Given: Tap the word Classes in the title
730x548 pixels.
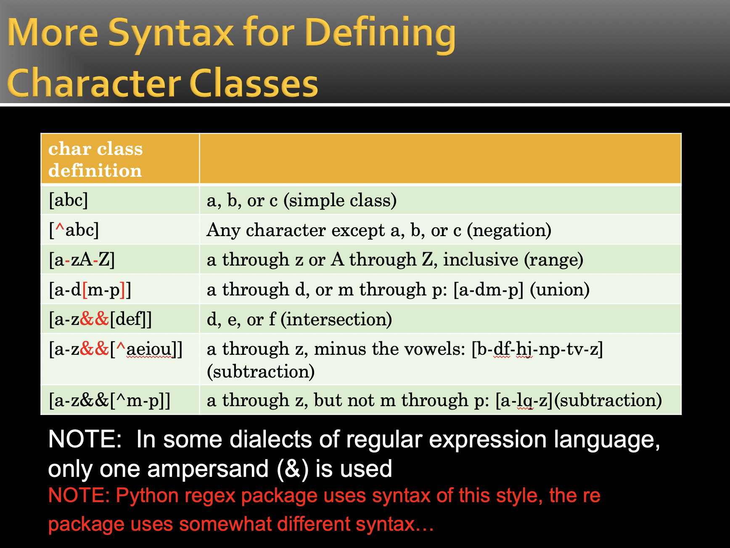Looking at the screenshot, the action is coord(254,83).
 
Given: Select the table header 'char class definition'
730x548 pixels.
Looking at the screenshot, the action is coord(95,160).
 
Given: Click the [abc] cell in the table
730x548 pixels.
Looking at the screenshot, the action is coord(69,200).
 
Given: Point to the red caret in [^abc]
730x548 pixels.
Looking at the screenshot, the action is coord(60,228).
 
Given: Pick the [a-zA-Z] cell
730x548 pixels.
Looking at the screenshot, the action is coord(82,260).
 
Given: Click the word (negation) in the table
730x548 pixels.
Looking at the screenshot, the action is coord(509,230).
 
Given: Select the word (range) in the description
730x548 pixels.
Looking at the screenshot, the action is coord(553,260).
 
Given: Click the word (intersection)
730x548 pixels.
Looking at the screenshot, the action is coord(336,319).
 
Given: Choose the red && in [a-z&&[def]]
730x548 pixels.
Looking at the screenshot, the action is coord(95,319).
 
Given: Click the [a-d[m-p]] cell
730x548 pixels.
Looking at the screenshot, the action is coord(90,290).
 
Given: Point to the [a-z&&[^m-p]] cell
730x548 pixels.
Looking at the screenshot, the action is coord(110,400).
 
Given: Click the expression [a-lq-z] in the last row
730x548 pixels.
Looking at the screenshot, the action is coord(524,400).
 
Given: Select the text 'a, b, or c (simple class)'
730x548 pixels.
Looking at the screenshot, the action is coord(302,200).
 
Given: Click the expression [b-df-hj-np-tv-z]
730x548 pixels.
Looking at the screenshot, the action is coord(537,349).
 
